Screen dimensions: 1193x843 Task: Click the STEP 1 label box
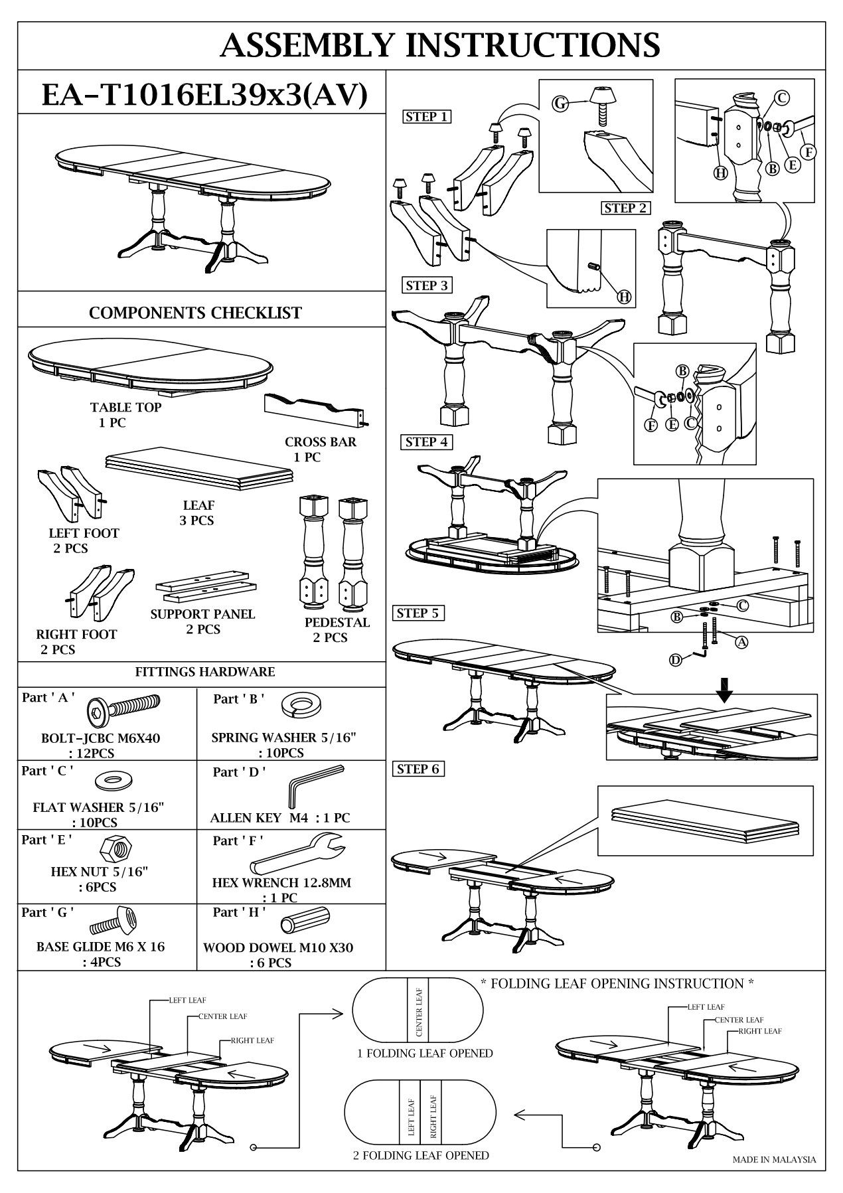click(x=427, y=117)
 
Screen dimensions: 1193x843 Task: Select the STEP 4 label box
click(x=427, y=442)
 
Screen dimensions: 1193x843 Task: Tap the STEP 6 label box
click(x=418, y=769)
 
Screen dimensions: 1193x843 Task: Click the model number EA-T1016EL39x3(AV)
click(x=204, y=95)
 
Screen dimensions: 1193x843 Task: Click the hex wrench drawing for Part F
click(x=297, y=855)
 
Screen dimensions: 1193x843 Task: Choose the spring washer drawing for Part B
click(x=299, y=706)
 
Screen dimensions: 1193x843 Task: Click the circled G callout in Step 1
click(x=562, y=103)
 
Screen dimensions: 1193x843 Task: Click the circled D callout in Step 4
click(x=676, y=660)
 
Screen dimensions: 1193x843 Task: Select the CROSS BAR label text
click(x=321, y=442)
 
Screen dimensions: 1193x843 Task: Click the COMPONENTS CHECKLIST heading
click(x=195, y=313)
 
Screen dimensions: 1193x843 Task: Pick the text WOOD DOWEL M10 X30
click(x=279, y=947)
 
